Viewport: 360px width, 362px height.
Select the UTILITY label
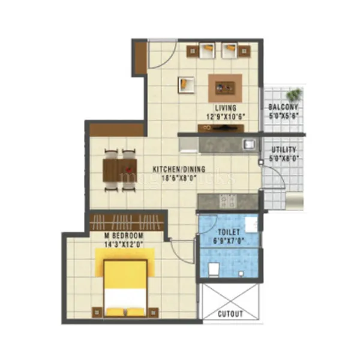pos(284,149)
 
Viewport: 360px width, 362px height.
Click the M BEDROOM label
pos(117,235)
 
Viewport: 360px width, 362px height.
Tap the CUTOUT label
pos(230,314)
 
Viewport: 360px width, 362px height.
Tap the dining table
pos(120,170)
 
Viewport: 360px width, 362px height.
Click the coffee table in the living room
pos(225,88)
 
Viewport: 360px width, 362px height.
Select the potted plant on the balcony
pos(294,95)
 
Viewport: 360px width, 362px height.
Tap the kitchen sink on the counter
pos(248,144)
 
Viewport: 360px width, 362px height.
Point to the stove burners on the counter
pos(227,200)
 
